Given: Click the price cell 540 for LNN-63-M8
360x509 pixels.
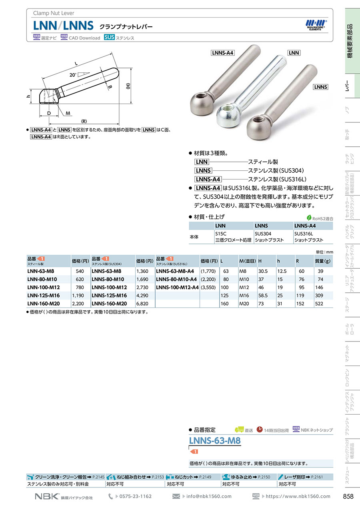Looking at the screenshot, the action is [80, 271].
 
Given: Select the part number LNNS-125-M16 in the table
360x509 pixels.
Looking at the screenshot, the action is [109, 295].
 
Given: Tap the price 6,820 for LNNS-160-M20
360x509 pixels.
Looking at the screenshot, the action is [142, 303].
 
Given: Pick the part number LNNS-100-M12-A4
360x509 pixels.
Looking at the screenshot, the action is [177, 287].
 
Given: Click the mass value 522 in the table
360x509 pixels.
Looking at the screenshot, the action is [319, 303].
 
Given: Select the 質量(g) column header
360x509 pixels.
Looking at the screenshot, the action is [322, 261].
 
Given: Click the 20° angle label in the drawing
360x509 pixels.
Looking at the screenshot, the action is [73, 75].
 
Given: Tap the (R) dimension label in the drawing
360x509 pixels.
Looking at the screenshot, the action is [84, 121].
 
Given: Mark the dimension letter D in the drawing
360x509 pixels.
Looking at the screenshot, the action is [49, 113].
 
